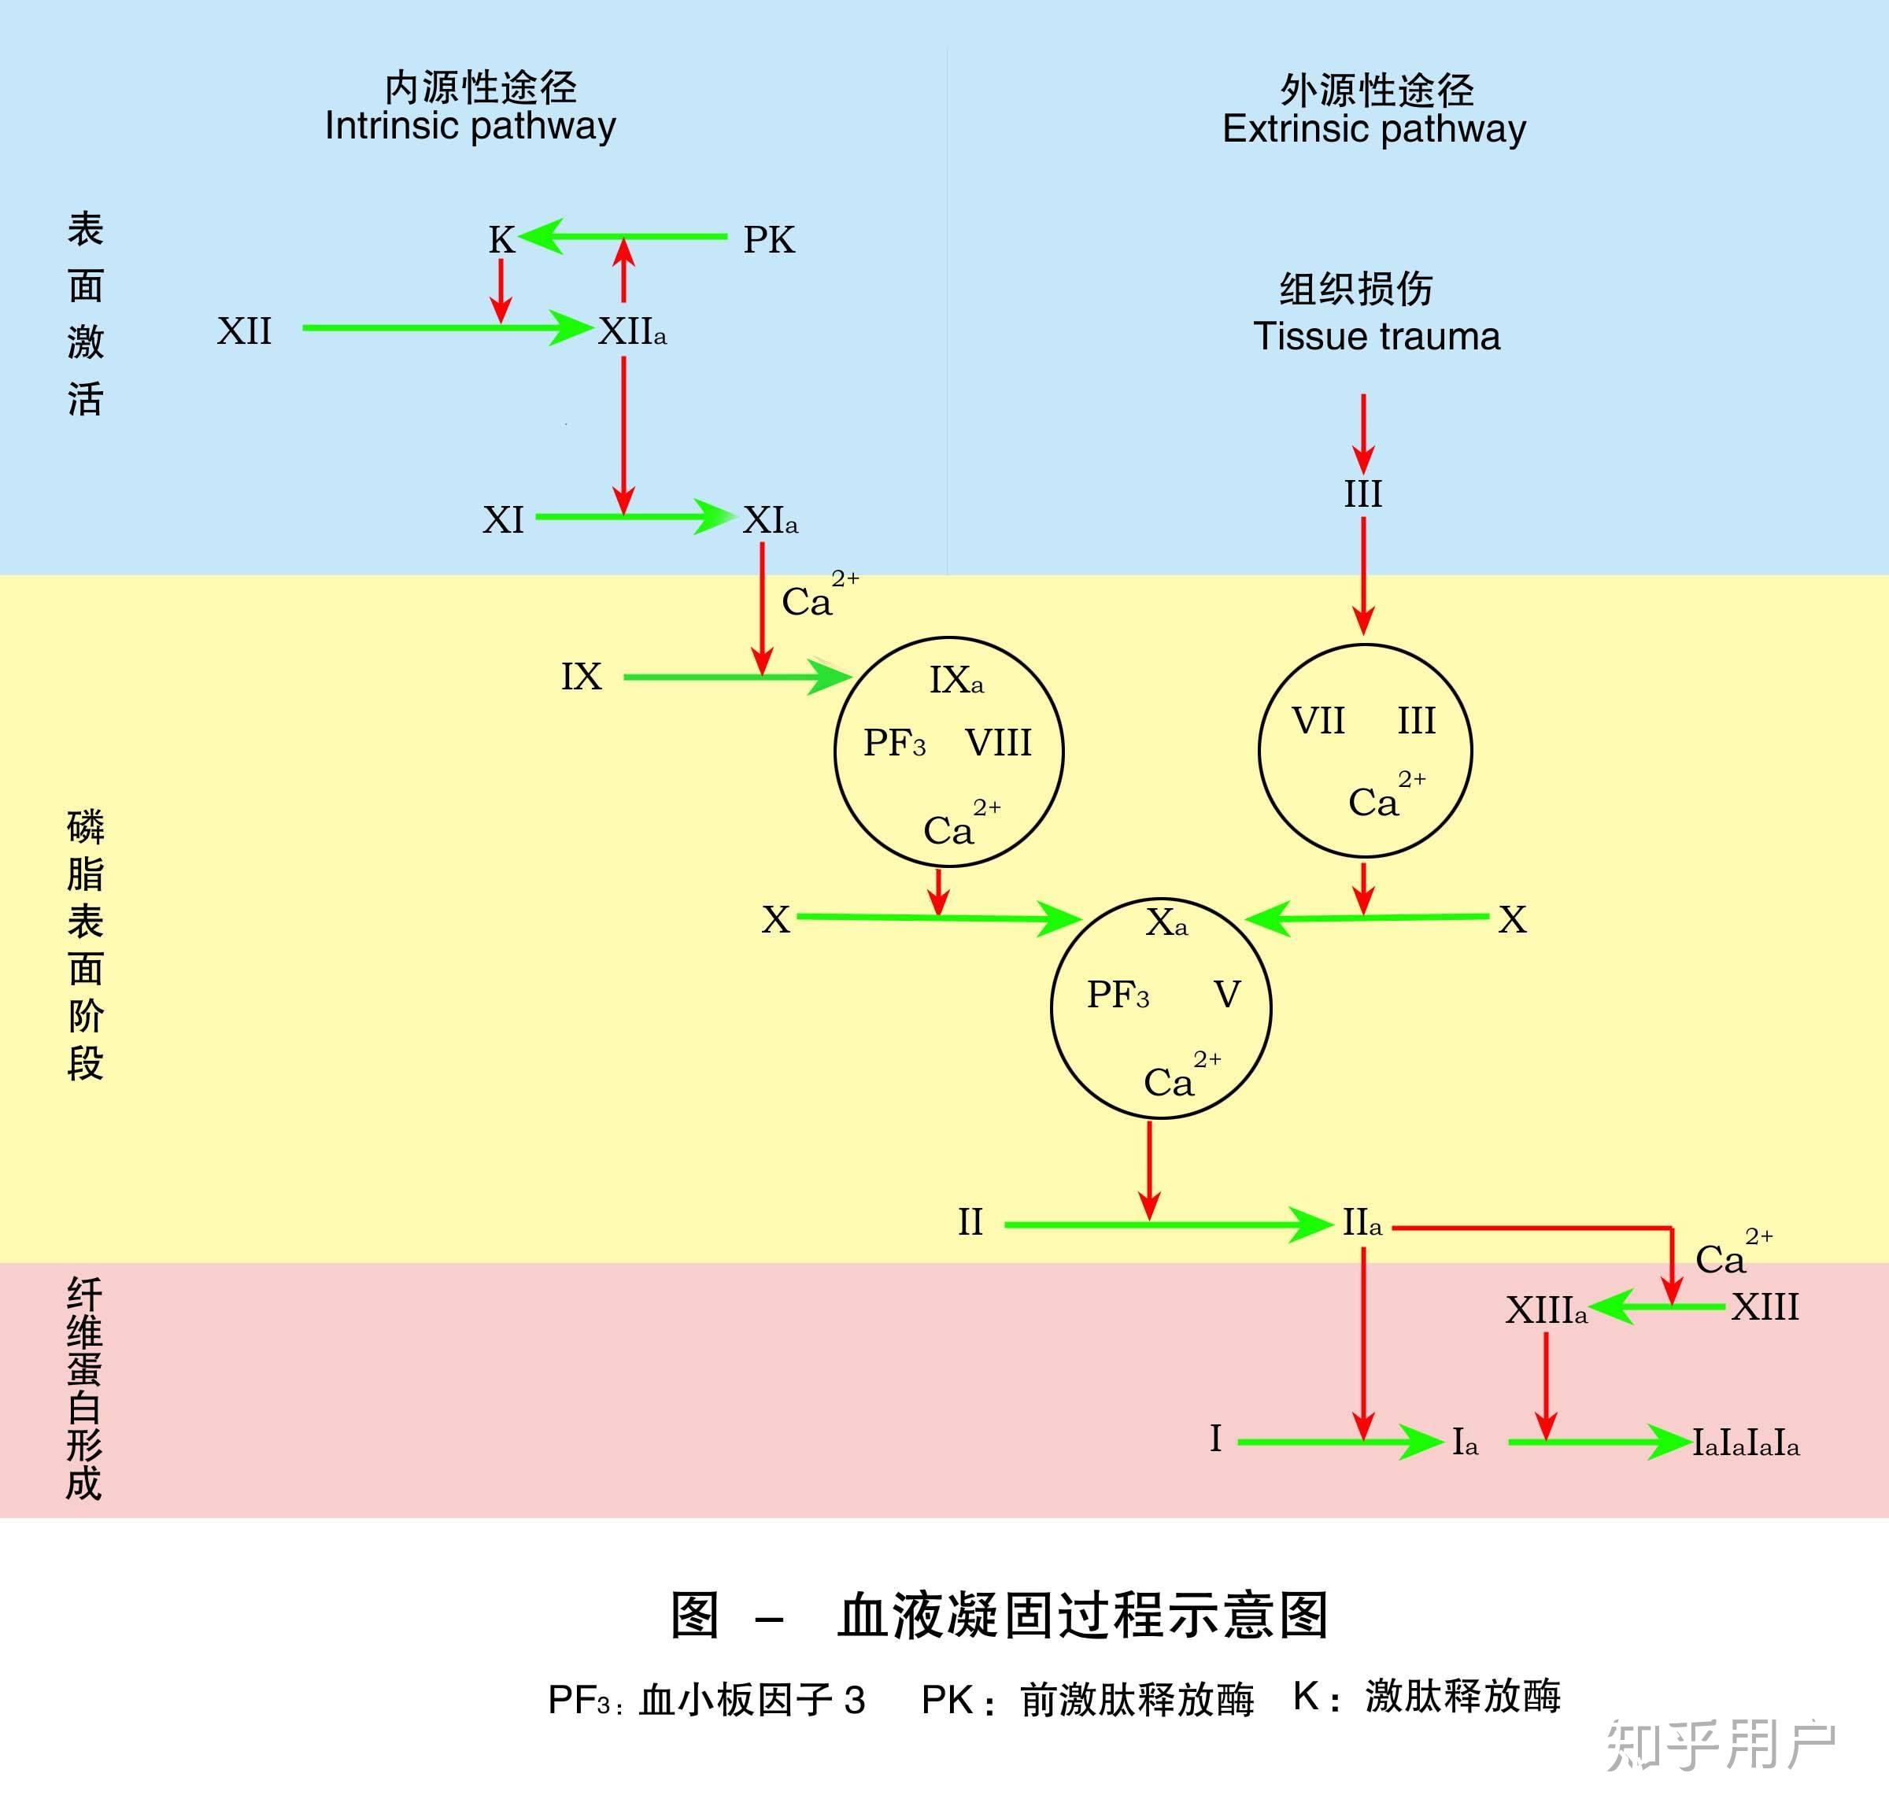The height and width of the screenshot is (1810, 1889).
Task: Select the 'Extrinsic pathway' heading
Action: [1373, 129]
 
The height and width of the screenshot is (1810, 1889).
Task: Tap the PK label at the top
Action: [768, 240]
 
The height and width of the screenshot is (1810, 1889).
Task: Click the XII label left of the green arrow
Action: [244, 331]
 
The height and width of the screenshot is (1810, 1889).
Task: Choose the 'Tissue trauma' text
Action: [1377, 336]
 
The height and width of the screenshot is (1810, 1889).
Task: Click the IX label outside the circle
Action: [581, 677]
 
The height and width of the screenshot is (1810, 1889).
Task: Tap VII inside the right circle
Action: [1318, 721]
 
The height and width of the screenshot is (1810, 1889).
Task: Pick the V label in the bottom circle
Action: [1226, 995]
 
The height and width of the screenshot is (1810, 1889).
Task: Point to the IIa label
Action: [1362, 1223]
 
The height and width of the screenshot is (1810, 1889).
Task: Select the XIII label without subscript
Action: [1765, 1308]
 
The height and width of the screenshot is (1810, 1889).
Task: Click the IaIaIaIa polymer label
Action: [1746, 1442]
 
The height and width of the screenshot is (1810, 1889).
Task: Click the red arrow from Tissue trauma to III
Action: [1362, 432]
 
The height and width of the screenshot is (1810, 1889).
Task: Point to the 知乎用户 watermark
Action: [1721, 1745]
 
